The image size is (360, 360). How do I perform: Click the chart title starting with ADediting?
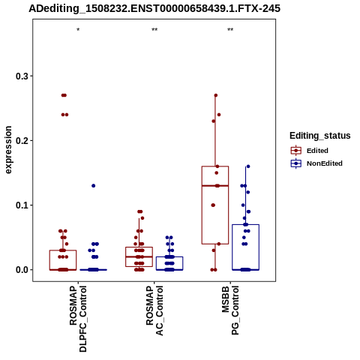click(x=154, y=9)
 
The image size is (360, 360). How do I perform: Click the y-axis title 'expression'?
click(x=8, y=150)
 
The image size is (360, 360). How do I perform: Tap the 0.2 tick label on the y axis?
click(x=22, y=140)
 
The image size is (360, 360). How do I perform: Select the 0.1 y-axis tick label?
click(x=22, y=205)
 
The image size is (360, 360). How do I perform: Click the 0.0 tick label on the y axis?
click(x=22, y=270)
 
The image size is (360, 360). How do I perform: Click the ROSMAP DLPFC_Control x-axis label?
click(x=78, y=319)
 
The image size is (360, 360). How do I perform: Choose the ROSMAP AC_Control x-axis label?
click(x=154, y=310)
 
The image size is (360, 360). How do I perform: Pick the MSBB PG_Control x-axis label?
click(x=230, y=310)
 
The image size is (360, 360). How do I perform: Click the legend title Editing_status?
click(x=320, y=136)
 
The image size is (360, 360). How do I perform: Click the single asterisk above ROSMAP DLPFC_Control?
click(x=78, y=30)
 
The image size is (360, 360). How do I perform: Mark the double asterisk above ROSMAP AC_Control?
click(x=154, y=30)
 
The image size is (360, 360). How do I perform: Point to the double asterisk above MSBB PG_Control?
click(x=230, y=30)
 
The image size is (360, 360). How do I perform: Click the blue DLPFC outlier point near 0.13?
click(x=94, y=186)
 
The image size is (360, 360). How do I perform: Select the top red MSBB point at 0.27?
click(x=216, y=95)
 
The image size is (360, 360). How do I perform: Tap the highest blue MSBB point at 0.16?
click(x=248, y=166)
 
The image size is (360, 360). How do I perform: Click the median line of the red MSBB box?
click(x=215, y=186)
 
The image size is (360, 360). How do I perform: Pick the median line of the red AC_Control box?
click(x=139, y=256)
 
